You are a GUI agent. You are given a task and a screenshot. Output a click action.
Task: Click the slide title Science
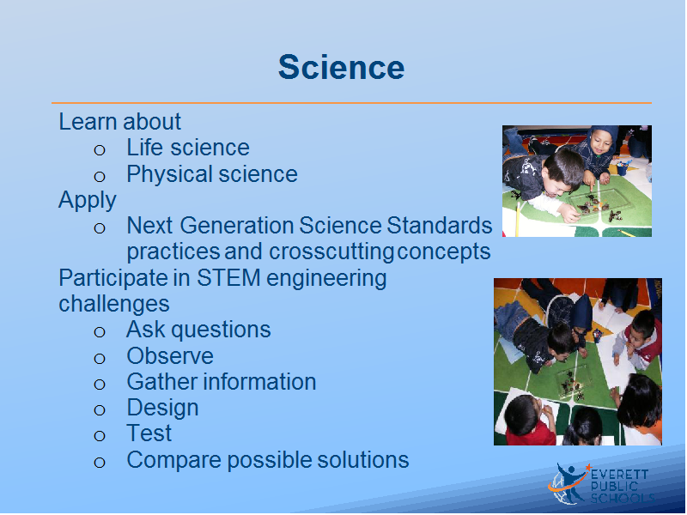(x=341, y=68)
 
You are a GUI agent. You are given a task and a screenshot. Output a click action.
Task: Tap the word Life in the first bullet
(x=144, y=147)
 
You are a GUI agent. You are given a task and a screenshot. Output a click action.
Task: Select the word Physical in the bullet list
(x=169, y=174)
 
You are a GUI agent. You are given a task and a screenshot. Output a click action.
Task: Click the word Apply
(x=88, y=201)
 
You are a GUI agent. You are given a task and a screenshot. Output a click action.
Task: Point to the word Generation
(x=237, y=226)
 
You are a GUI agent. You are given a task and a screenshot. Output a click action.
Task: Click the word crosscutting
(x=331, y=252)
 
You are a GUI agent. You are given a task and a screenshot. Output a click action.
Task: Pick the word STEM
(x=228, y=277)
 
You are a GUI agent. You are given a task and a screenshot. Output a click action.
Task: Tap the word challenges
(x=114, y=304)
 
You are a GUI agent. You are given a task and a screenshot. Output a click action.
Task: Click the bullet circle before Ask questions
(x=100, y=332)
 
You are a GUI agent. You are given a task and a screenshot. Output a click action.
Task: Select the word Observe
(x=170, y=355)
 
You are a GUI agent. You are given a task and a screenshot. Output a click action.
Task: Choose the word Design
(x=162, y=409)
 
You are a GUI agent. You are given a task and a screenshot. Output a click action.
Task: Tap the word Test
(x=149, y=433)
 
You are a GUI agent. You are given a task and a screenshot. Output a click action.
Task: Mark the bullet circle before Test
(x=100, y=436)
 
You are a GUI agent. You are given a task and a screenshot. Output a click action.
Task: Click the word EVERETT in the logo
(x=619, y=475)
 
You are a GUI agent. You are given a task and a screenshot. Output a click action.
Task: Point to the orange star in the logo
(x=588, y=468)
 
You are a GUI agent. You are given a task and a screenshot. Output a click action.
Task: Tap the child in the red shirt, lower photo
(x=529, y=420)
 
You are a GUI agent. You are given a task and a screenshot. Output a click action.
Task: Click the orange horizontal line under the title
(x=351, y=103)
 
